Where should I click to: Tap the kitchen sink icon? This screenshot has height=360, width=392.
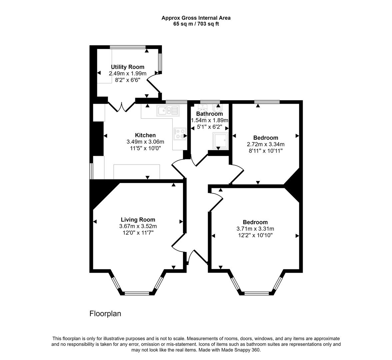(168, 110)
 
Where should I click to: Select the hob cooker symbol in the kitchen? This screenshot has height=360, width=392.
(180, 133)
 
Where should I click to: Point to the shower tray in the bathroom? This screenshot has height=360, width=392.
(220, 140)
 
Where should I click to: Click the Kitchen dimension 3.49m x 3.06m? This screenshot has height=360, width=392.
(145, 142)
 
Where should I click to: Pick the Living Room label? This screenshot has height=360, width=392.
(138, 220)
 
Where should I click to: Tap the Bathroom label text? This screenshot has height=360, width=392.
(209, 114)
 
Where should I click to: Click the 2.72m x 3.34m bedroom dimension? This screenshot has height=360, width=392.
(265, 144)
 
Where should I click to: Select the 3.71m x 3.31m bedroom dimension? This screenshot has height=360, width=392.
(255, 229)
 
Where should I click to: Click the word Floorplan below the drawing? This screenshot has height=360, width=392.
(105, 314)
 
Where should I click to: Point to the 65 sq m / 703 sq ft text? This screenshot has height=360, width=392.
(196, 24)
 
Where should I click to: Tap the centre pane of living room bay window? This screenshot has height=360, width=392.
(137, 293)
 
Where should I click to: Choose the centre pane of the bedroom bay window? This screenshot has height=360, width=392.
(256, 294)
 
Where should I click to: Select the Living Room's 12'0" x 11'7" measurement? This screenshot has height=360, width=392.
(138, 232)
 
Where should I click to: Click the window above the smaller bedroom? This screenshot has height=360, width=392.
(267, 102)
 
